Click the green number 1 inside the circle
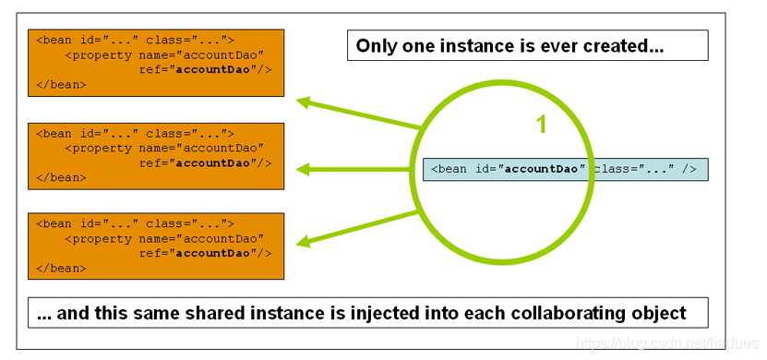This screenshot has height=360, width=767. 542,125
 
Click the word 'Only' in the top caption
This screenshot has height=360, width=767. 374,45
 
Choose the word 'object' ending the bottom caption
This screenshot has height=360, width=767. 659,313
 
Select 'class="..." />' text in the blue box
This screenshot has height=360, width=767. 645,169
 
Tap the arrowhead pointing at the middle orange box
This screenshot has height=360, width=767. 302,169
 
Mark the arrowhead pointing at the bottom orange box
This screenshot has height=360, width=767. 302,243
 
